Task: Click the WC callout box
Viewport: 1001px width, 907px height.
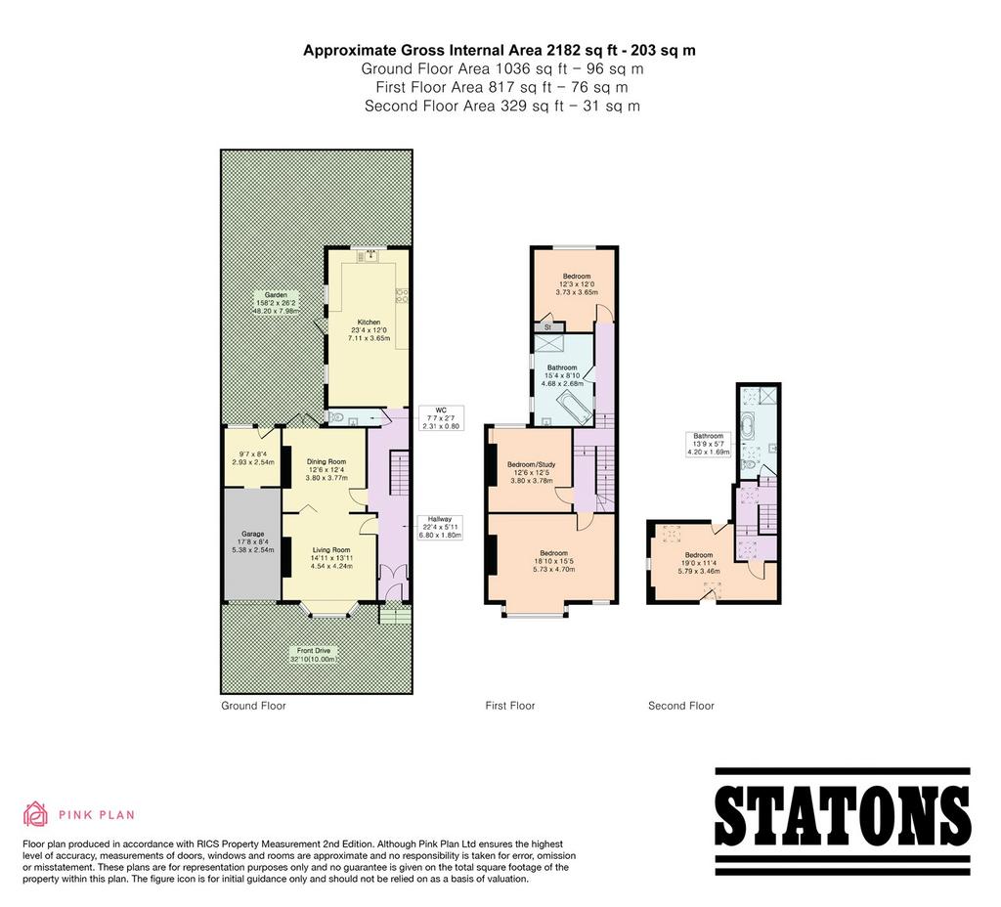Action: click(x=441, y=418)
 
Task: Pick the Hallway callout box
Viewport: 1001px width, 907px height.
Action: click(x=440, y=527)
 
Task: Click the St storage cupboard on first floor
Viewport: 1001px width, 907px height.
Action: click(x=547, y=326)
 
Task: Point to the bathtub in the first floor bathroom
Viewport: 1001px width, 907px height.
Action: click(x=575, y=409)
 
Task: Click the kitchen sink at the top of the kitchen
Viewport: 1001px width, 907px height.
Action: click(x=369, y=256)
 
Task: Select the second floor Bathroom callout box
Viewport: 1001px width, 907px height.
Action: click(x=708, y=444)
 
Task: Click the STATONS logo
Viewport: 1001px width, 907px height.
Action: click(x=843, y=821)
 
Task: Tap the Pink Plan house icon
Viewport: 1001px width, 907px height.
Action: click(x=36, y=814)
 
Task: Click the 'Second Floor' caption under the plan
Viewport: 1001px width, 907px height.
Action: click(x=681, y=706)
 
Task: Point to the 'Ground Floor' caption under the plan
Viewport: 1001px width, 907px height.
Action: click(x=253, y=706)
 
